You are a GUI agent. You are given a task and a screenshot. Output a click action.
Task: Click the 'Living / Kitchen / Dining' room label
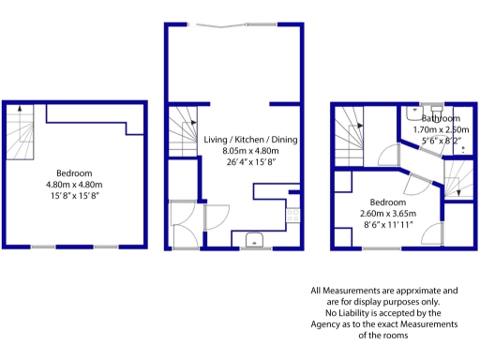(250, 140)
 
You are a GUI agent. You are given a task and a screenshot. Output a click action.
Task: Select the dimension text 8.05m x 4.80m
(250, 150)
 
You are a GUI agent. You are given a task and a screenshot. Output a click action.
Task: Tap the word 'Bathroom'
(440, 119)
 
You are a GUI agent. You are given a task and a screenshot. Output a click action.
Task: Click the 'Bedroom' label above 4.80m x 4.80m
(73, 173)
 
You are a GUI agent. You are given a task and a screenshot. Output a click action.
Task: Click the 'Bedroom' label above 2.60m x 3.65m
(387, 202)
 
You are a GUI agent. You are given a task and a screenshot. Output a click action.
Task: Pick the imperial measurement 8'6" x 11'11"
(387, 224)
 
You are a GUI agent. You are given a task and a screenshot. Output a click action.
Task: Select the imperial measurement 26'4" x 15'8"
(250, 161)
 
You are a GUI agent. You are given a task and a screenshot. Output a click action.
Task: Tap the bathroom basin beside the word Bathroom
(427, 110)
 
